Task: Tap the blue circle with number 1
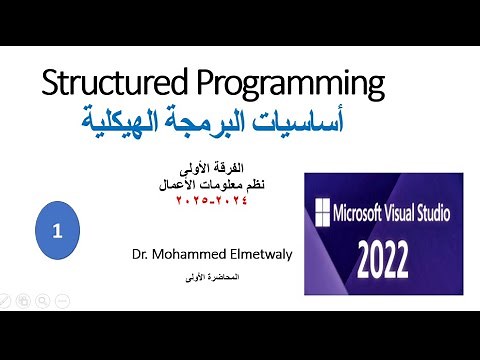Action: [58, 230]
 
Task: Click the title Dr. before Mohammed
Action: [140, 254]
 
